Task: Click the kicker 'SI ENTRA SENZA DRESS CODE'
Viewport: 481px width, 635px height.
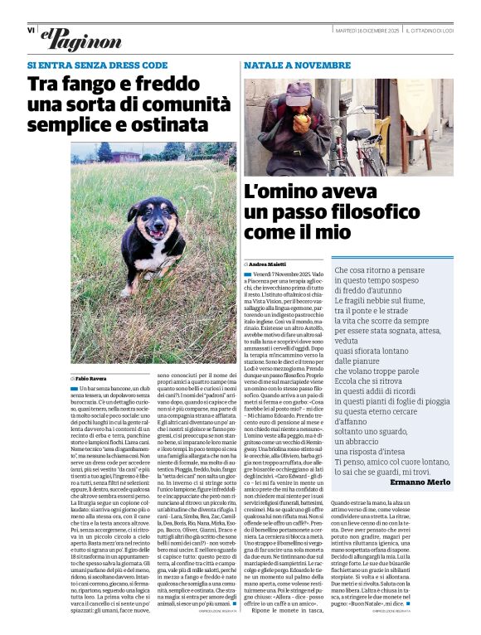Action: [x=97, y=65]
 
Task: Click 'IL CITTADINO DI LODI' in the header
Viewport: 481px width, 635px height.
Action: [x=429, y=30]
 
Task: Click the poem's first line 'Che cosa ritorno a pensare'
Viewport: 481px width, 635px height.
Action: [x=379, y=270]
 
